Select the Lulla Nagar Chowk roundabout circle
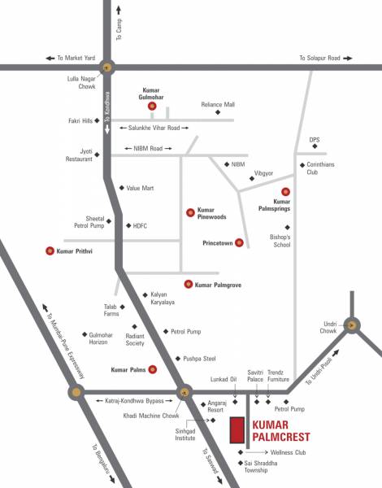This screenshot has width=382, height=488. (108, 68)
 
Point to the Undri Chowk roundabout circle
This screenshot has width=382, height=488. (351, 324)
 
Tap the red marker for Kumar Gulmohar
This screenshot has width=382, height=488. (151, 106)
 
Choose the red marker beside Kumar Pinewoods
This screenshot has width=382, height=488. (190, 210)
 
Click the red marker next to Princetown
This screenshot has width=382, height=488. (239, 243)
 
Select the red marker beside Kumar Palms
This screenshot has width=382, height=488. (153, 369)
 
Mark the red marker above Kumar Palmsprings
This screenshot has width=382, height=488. (285, 191)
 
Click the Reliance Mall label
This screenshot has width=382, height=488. (218, 105)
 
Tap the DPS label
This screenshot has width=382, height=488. (315, 140)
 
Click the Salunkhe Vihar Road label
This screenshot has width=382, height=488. (154, 128)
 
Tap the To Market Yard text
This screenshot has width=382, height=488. (76, 59)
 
